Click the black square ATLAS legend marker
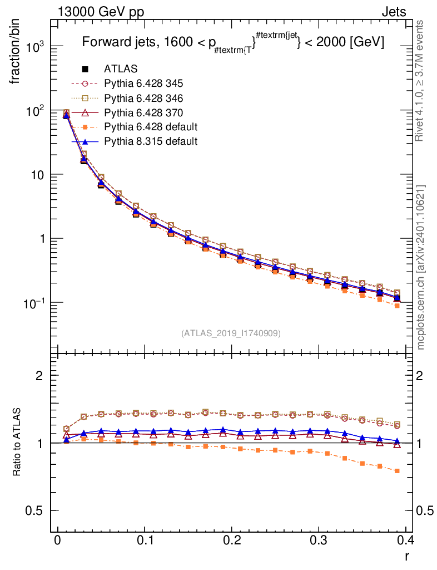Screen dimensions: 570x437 85,69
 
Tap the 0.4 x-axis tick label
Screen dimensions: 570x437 405,540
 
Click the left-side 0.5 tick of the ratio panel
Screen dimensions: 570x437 36,510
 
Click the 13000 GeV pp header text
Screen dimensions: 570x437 101,12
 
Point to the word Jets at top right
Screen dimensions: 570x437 394,12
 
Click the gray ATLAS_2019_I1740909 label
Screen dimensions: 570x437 231,333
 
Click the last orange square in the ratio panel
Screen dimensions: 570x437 397,471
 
